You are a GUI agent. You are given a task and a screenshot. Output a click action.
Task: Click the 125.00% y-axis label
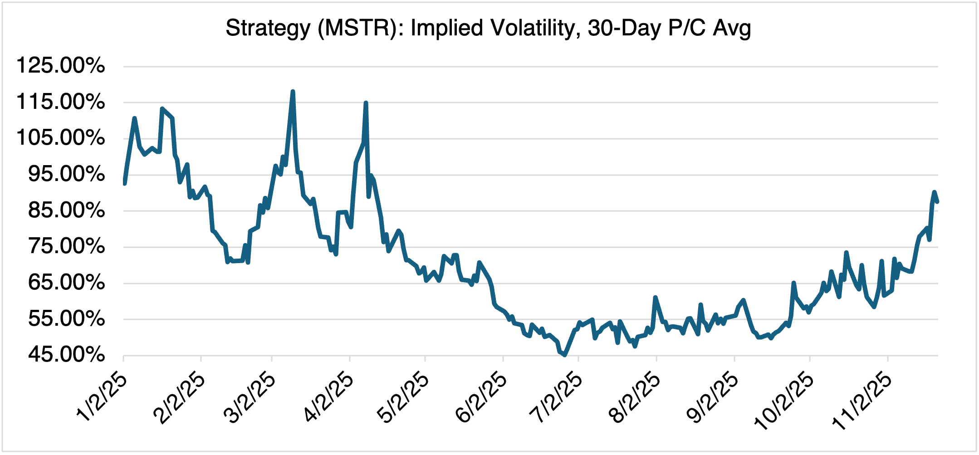click(60, 66)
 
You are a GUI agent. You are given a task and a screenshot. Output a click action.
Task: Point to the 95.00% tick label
click(66, 174)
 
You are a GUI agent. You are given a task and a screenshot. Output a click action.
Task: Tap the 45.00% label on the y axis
click(66, 355)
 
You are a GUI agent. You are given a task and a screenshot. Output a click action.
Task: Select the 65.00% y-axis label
click(66, 283)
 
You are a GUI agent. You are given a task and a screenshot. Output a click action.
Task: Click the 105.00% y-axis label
click(60, 138)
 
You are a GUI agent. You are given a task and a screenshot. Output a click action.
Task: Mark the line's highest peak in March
click(293, 92)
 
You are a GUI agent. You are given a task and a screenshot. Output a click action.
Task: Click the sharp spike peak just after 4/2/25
click(366, 103)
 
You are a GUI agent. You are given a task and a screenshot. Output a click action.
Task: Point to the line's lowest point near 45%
click(564, 355)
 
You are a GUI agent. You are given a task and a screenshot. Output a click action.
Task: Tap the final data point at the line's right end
click(937, 202)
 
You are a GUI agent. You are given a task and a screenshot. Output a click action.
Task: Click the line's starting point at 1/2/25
click(124, 183)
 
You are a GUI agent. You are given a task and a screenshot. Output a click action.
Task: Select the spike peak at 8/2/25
click(655, 298)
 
